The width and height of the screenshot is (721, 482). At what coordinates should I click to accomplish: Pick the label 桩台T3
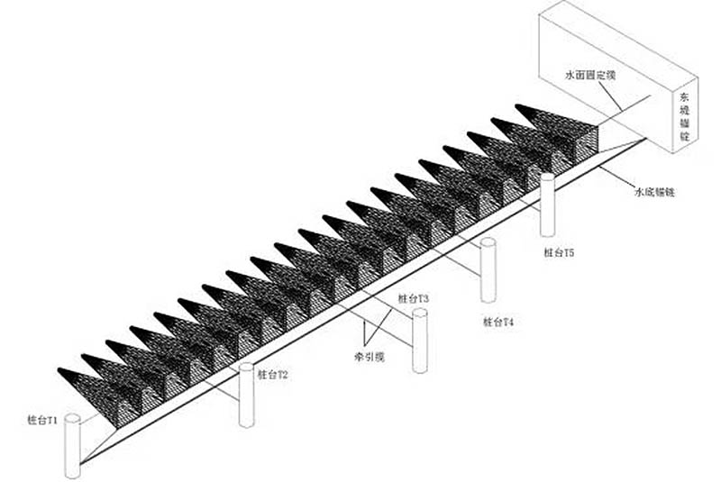[413, 298]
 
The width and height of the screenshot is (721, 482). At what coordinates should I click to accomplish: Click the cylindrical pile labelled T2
[247, 396]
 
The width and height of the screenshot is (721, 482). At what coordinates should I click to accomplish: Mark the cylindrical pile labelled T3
[420, 341]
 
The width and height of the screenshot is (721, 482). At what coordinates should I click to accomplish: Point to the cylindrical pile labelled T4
[488, 271]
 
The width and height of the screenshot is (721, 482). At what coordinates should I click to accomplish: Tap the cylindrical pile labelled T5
[547, 205]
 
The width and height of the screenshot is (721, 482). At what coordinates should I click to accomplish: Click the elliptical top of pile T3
[420, 314]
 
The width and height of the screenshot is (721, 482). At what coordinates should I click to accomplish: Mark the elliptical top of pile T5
[547, 178]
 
